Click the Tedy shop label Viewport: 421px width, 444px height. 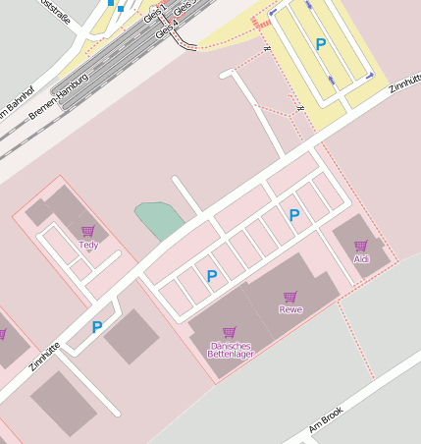point(88,245)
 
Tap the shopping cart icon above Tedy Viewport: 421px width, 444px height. point(88,233)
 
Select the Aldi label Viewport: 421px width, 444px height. point(361,258)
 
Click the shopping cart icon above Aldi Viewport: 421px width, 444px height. point(360,247)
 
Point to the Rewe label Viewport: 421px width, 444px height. point(290,309)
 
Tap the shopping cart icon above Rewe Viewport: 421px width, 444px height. point(290,297)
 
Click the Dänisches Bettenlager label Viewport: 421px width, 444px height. point(232,349)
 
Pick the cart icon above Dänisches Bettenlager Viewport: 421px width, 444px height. point(230,333)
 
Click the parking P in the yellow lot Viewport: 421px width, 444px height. point(321,44)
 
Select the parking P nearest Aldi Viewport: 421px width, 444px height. point(293,215)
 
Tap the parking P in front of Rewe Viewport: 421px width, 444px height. point(211,276)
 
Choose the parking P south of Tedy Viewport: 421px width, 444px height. point(96,327)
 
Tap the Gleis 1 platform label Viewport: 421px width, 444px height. point(155,13)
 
